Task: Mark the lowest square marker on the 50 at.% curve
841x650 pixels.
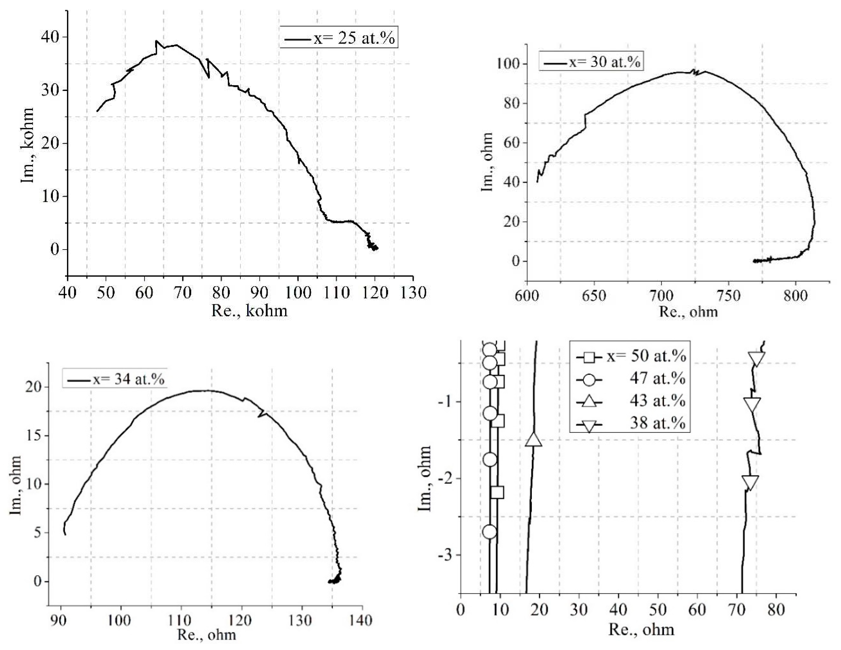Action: [497, 492]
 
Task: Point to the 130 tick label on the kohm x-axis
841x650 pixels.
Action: [413, 293]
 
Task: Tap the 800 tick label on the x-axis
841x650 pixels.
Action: [795, 296]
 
